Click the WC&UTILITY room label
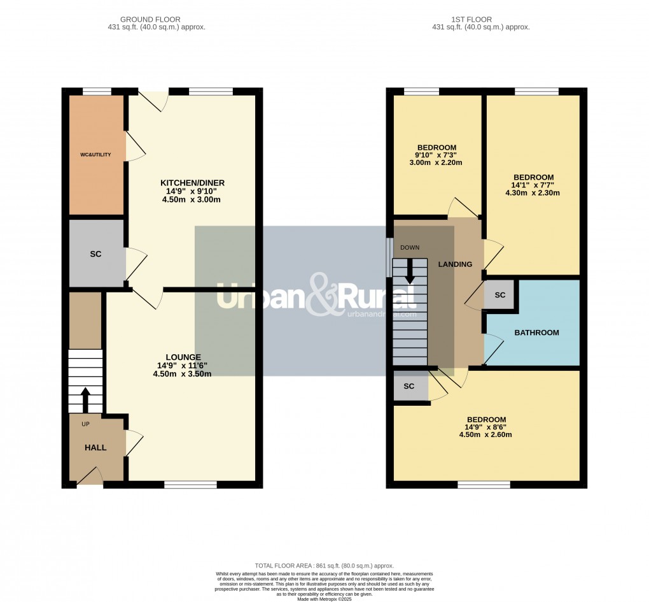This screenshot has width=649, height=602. click(96, 154)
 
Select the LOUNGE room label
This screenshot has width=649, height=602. click(183, 357)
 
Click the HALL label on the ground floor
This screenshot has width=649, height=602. click(95, 448)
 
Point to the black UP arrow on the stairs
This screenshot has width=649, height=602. click(85, 400)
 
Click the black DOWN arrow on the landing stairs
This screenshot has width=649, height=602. click(409, 270)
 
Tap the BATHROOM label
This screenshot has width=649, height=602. click(536, 333)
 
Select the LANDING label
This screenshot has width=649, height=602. click(455, 264)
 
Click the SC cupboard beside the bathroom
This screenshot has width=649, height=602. click(499, 296)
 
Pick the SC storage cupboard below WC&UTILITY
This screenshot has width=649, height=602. click(95, 254)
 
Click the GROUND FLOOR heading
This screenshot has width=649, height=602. click(158, 20)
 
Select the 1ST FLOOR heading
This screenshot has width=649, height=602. click(480, 20)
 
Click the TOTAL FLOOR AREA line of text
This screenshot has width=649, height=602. click(324, 566)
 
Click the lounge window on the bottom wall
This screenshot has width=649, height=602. click(190, 485)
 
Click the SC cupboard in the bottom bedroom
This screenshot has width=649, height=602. click(409, 387)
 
